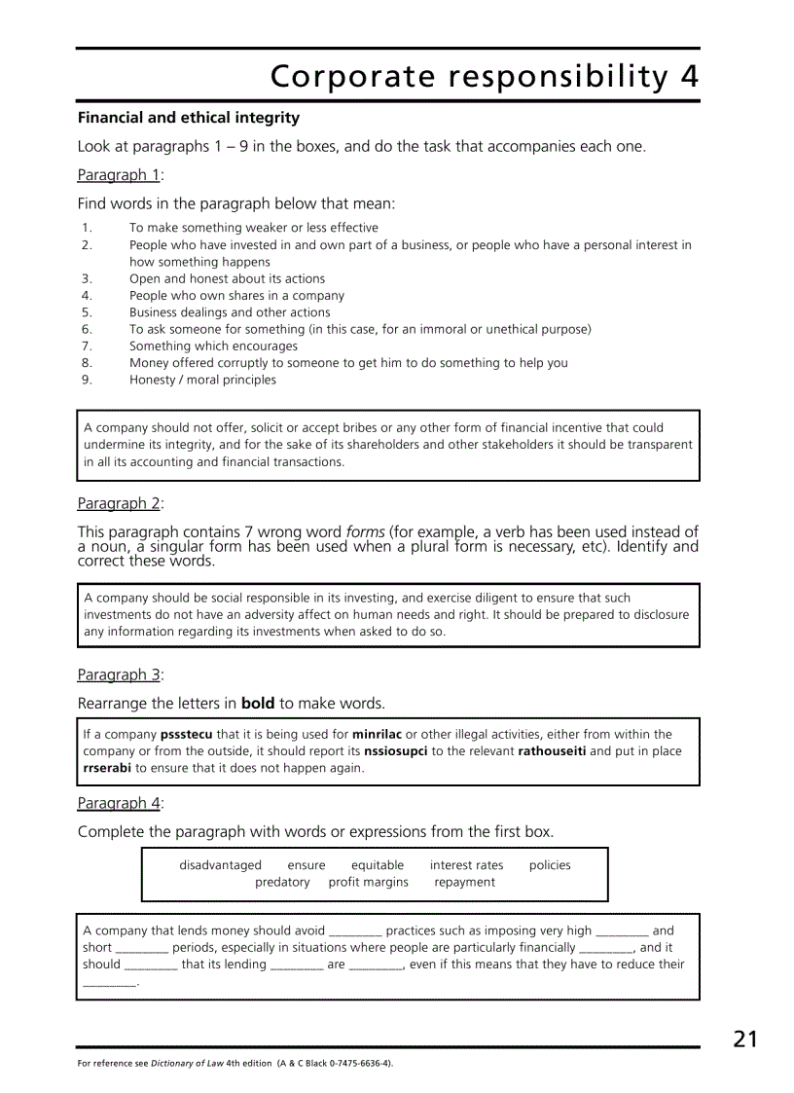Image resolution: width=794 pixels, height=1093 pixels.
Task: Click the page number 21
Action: [x=744, y=1038]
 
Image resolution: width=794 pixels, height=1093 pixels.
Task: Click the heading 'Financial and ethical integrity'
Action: [x=189, y=118]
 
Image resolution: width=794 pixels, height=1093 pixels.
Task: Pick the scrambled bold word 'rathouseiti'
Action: [x=552, y=751]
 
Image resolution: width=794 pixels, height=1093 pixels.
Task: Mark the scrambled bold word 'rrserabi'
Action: [x=107, y=768]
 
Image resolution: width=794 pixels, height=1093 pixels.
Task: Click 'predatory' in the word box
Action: [x=282, y=883]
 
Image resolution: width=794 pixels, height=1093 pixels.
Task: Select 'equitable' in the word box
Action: [x=378, y=865]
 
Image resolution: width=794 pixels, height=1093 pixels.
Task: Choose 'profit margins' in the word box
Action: [x=368, y=883]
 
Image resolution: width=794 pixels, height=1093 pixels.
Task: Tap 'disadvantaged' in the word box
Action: [x=220, y=865]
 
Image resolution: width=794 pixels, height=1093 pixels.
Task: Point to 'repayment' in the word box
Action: [x=464, y=883]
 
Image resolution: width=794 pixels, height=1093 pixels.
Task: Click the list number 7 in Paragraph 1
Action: [x=87, y=346]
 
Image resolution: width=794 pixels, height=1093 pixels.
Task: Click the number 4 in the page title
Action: [x=689, y=76]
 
